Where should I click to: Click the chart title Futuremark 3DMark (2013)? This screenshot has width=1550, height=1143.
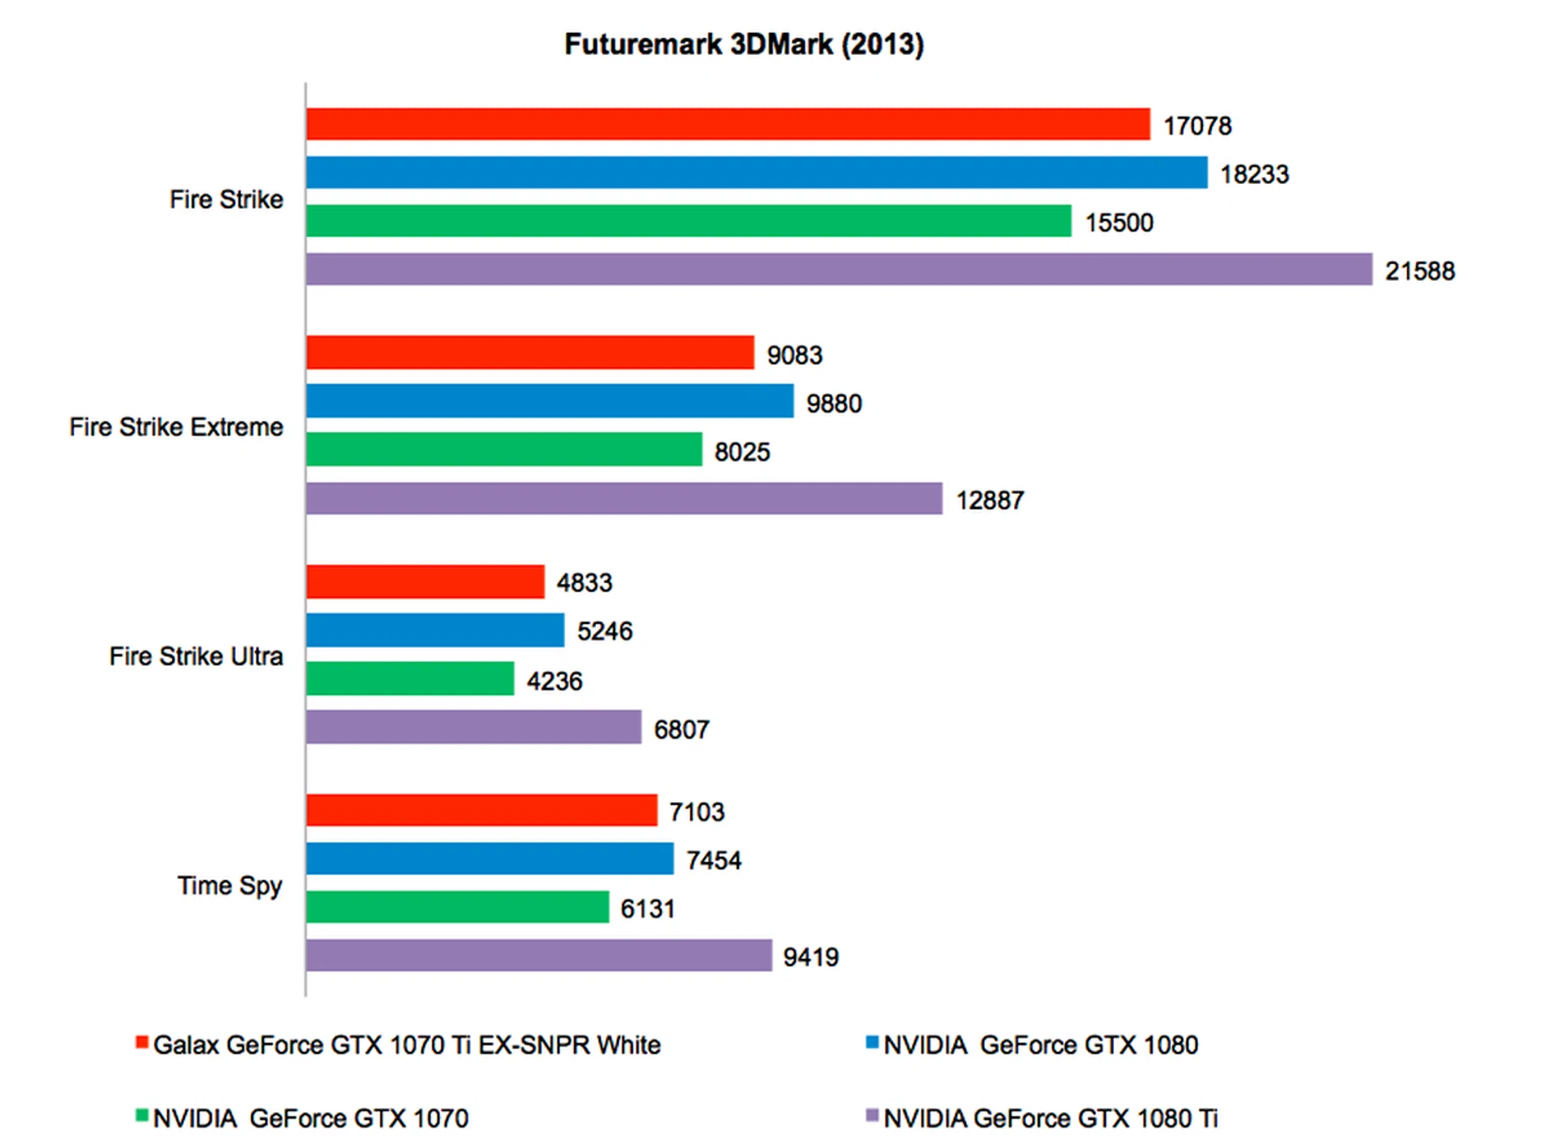click(744, 44)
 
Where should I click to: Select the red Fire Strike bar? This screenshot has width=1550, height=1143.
click(727, 124)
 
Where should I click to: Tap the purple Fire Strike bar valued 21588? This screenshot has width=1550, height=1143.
click(839, 270)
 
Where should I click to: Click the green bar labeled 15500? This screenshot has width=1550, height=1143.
click(689, 221)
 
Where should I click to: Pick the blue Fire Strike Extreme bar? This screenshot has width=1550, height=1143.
click(550, 401)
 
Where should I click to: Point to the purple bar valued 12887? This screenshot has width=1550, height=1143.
click(624, 498)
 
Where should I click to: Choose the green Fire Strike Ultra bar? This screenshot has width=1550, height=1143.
click(410, 679)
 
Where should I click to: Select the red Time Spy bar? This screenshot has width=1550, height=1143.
click(482, 810)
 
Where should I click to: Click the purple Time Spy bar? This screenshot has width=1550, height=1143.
click(538, 956)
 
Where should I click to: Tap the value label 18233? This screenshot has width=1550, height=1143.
click(1254, 174)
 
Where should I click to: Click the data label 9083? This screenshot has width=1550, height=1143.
click(794, 355)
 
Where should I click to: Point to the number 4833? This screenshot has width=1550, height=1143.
click(584, 583)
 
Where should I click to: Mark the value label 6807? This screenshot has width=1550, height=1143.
click(681, 730)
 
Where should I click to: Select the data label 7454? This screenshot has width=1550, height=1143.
click(714, 860)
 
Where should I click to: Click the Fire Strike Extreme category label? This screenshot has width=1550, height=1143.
click(176, 427)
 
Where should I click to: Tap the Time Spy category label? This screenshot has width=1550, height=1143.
click(230, 886)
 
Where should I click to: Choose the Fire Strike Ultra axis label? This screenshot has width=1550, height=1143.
click(196, 656)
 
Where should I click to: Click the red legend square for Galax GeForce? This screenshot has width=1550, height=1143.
click(142, 1042)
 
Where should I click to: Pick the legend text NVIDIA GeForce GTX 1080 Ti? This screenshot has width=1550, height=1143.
click(1050, 1119)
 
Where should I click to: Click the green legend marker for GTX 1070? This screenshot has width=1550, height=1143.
click(142, 1116)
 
